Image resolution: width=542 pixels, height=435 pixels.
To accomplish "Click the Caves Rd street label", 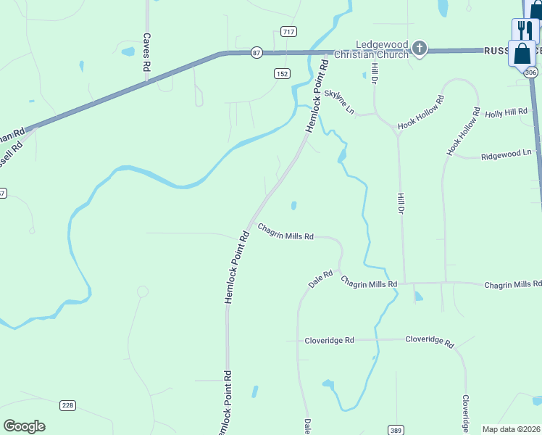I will tap(146, 51).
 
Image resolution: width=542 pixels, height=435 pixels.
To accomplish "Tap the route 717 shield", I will tap(288, 31).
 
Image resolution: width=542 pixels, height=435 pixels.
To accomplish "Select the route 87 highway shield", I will tap(256, 52).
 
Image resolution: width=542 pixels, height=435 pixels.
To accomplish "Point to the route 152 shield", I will tap(282, 73).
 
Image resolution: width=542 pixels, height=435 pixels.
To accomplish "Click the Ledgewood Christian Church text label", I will tap(381, 49).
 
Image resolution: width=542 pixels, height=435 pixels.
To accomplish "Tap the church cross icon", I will tap(419, 49).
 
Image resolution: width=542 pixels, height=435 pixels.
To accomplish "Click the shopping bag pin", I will tap(522, 54).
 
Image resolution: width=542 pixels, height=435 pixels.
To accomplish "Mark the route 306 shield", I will tap(531, 72).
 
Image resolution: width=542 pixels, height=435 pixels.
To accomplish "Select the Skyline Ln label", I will tap(340, 102).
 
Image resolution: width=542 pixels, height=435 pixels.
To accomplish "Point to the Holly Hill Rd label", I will tap(506, 113).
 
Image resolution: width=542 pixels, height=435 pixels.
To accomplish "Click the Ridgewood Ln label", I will tap(507, 154).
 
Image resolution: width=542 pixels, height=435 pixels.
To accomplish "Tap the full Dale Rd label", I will tap(320, 279).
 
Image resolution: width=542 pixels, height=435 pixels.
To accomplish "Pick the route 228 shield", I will tap(67, 405).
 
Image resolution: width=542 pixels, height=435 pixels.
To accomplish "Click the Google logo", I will tap(24, 426).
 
